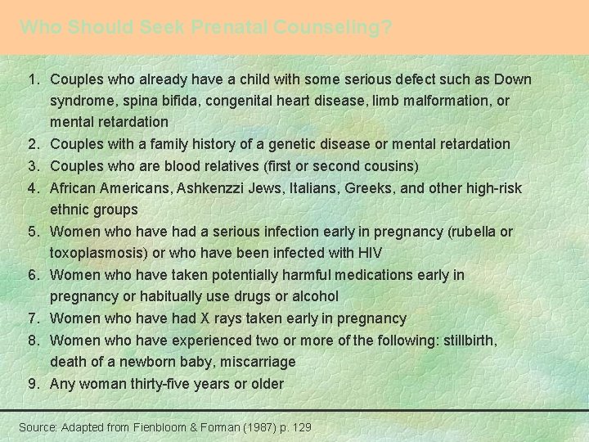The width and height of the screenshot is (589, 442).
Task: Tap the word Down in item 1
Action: pyautogui.click(x=513, y=79)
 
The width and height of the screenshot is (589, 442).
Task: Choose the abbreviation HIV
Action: pyautogui.click(x=371, y=254)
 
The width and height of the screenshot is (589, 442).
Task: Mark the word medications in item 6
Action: pyautogui.click(x=374, y=275)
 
